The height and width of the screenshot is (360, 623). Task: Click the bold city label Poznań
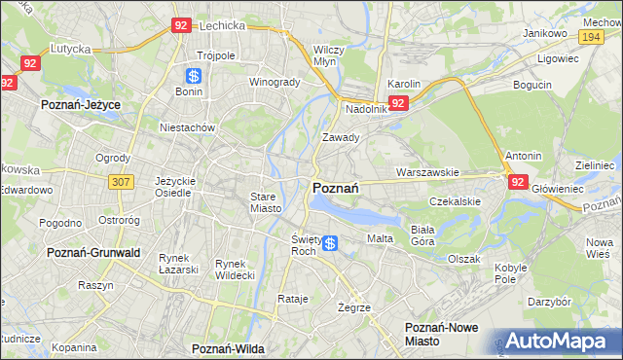click(336, 187)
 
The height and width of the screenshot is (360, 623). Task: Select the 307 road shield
click(121, 182)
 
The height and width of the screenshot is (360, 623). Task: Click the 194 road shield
click(590, 36)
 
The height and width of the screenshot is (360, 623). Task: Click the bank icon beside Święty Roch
click(331, 243)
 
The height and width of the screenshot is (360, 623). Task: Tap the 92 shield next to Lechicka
click(180, 26)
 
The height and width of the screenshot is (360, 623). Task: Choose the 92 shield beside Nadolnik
click(398, 102)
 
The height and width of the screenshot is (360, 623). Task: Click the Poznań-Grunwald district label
click(93, 252)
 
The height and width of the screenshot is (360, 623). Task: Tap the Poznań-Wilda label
click(228, 347)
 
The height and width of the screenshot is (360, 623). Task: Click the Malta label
click(379, 238)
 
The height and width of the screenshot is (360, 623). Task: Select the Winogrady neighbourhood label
click(275, 82)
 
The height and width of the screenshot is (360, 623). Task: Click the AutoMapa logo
click(554, 341)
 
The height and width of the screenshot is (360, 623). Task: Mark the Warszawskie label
click(427, 172)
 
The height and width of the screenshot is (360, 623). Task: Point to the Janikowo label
click(545, 32)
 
